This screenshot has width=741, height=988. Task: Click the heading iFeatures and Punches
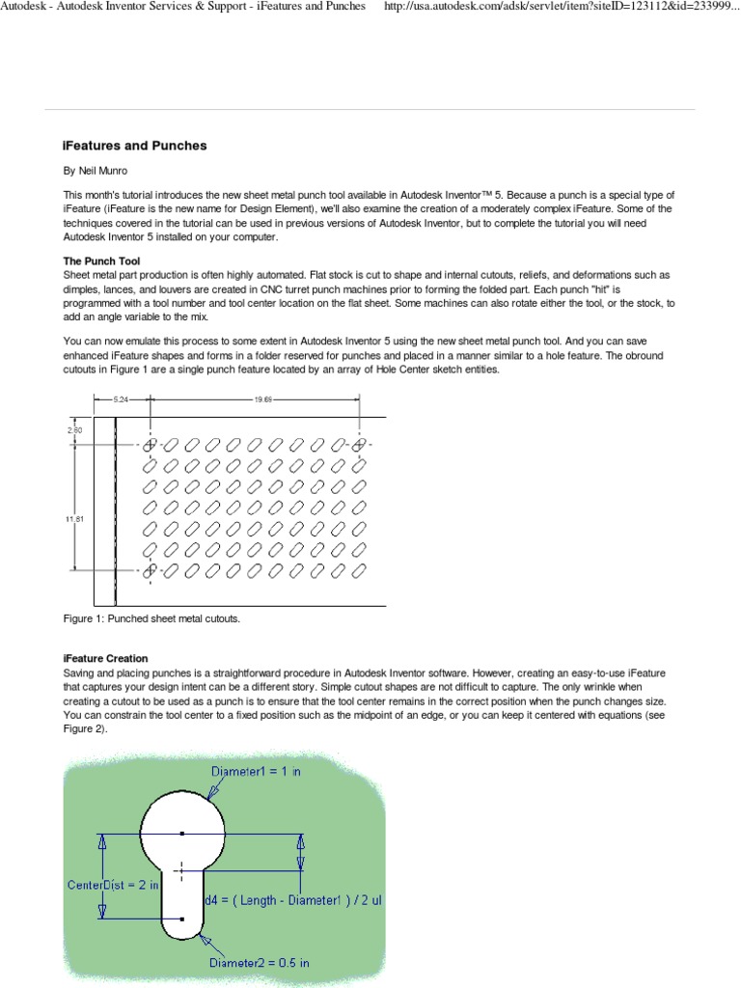click(x=135, y=146)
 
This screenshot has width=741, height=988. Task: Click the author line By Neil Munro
click(x=96, y=171)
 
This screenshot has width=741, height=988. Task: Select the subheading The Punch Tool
click(x=101, y=261)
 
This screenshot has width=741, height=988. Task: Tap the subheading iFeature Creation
click(x=106, y=659)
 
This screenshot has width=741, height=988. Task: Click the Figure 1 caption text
click(x=151, y=618)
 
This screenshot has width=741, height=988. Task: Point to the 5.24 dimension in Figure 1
click(x=122, y=398)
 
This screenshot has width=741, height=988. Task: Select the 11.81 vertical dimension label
click(x=74, y=519)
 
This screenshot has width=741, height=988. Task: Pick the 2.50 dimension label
click(x=74, y=430)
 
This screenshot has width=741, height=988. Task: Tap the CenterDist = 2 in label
click(x=113, y=884)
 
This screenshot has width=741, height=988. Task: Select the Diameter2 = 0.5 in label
click(x=259, y=962)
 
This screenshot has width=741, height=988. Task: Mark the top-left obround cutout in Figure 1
click(x=150, y=445)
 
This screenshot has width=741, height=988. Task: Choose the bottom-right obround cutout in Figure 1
click(x=359, y=571)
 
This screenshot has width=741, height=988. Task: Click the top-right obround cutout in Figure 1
click(x=359, y=445)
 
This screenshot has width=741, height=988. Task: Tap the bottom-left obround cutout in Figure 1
click(x=150, y=571)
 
